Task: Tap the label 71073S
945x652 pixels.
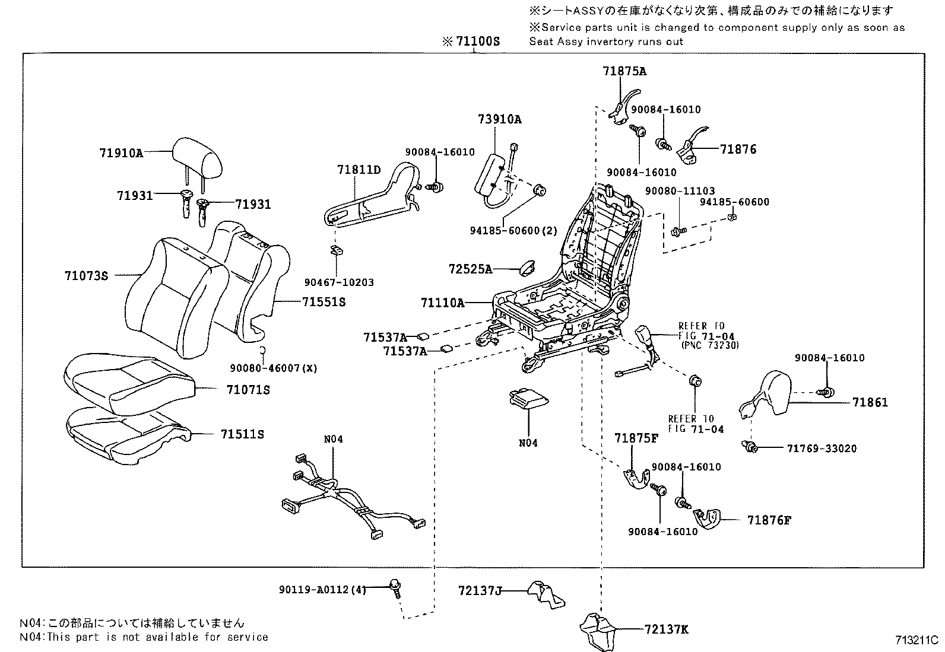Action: pyautogui.click(x=87, y=276)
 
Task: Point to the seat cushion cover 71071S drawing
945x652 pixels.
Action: pyautogui.click(x=128, y=383)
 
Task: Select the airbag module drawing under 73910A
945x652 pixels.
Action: pyautogui.click(x=493, y=178)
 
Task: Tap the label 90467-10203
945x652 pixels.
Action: pyautogui.click(x=339, y=282)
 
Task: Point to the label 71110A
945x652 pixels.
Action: pyautogui.click(x=442, y=303)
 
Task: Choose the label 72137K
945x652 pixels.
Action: pyautogui.click(x=665, y=629)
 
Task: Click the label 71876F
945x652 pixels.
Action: pyautogui.click(x=769, y=520)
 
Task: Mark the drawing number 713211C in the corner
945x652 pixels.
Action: pyautogui.click(x=917, y=640)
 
